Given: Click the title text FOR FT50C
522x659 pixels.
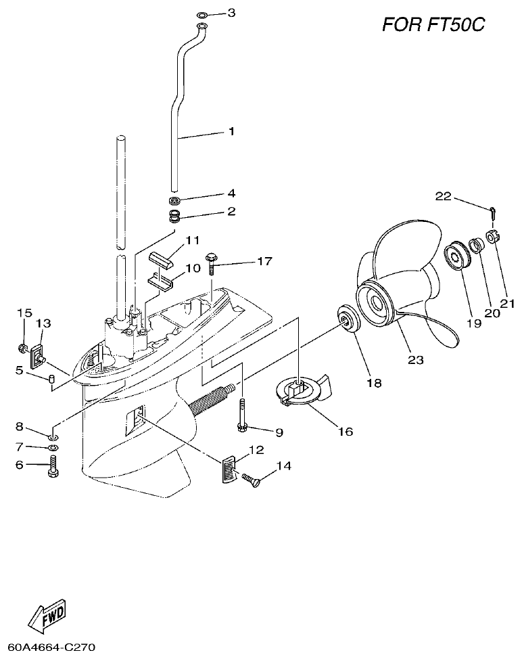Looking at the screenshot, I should pyautogui.click(x=433, y=25).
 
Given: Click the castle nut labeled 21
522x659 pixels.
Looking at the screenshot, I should pyautogui.click(x=493, y=238).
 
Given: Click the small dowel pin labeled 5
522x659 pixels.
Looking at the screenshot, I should pyautogui.click(x=51, y=378).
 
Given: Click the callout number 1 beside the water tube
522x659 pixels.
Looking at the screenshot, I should pyautogui.click(x=231, y=131).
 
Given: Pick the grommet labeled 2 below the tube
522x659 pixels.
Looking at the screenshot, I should pyautogui.click(x=176, y=217).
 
